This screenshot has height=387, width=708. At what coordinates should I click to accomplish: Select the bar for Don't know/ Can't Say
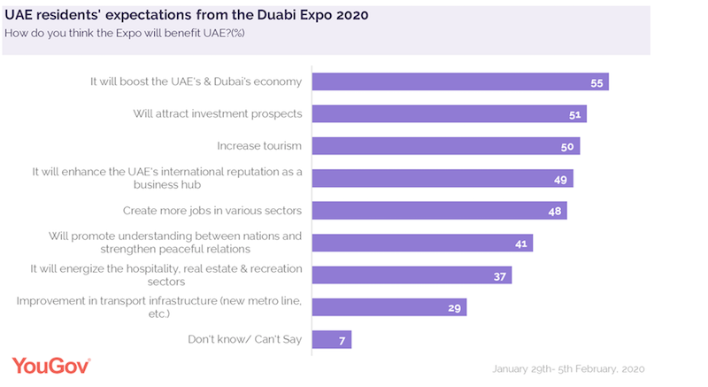pyautogui.click(x=333, y=339)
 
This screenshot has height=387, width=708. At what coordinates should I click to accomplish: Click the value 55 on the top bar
pyautogui.click(x=596, y=82)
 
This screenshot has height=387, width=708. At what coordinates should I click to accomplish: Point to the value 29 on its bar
pyautogui.click(x=454, y=307)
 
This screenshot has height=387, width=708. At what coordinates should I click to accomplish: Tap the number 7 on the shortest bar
pyautogui.click(x=342, y=339)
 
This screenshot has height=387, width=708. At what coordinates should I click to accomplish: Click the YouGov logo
pyautogui.click(x=51, y=364)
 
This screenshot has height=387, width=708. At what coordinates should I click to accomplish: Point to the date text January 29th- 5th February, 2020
pyautogui.click(x=569, y=368)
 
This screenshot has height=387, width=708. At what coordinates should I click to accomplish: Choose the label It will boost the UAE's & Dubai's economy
pyautogui.click(x=196, y=81)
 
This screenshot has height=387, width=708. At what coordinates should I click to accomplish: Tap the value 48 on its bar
pyautogui.click(x=554, y=211)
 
